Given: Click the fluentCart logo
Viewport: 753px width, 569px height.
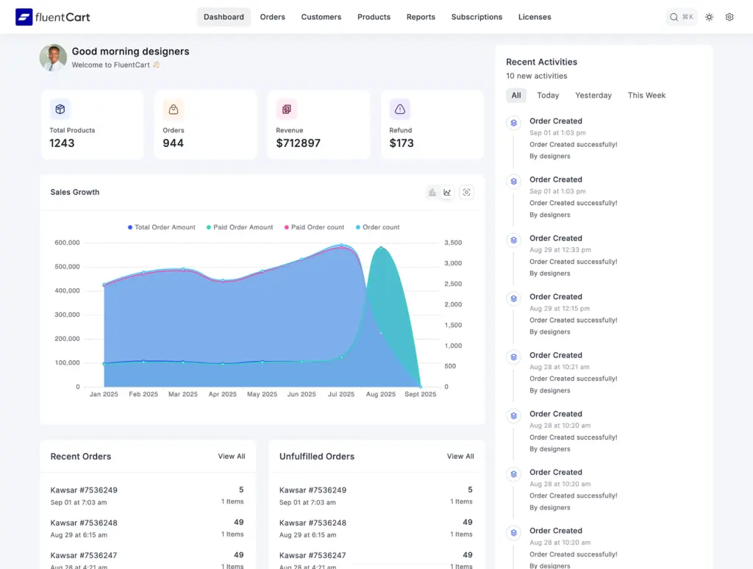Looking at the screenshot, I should tap(53, 17).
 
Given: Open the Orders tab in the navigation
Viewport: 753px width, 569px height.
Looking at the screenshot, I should tap(272, 17).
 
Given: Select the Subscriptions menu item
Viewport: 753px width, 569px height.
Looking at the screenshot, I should tap(477, 17).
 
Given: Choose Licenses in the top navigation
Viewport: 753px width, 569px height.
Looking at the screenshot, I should tap(535, 17).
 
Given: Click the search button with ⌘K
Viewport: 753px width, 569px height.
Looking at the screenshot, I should tap(681, 17).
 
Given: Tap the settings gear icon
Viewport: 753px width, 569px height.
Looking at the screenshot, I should tap(729, 17).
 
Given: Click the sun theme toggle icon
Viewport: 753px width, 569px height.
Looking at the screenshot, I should tap(709, 17).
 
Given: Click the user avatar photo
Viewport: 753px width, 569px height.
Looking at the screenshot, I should tap(53, 57).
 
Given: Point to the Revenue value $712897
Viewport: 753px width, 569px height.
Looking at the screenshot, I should tap(298, 143).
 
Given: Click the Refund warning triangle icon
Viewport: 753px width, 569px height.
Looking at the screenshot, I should tap(400, 110).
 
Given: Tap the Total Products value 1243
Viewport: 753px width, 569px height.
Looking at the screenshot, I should tap(62, 143).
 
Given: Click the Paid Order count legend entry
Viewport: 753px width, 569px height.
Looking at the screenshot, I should tap(314, 227).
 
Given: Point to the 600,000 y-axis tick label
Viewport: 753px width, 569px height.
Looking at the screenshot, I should tap(67, 243).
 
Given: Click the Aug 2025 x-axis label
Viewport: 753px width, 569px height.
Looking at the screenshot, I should tap(381, 394).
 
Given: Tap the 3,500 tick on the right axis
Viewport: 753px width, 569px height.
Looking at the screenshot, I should tap(453, 243).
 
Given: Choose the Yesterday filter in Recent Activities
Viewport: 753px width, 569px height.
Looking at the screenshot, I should tap(593, 96).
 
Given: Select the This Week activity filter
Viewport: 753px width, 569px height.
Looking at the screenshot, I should tap(646, 96).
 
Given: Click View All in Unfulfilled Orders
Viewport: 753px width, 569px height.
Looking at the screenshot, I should tap(460, 457).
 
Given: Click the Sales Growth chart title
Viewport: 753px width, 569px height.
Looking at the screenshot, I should tap(75, 193).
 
